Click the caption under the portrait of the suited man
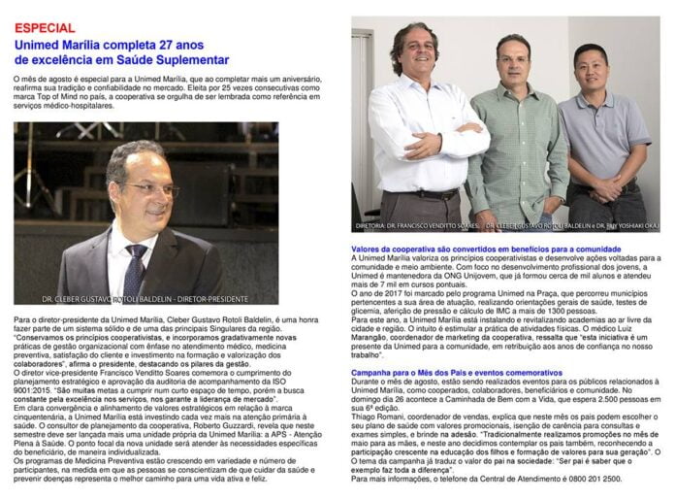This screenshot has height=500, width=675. [x=145, y=299]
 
